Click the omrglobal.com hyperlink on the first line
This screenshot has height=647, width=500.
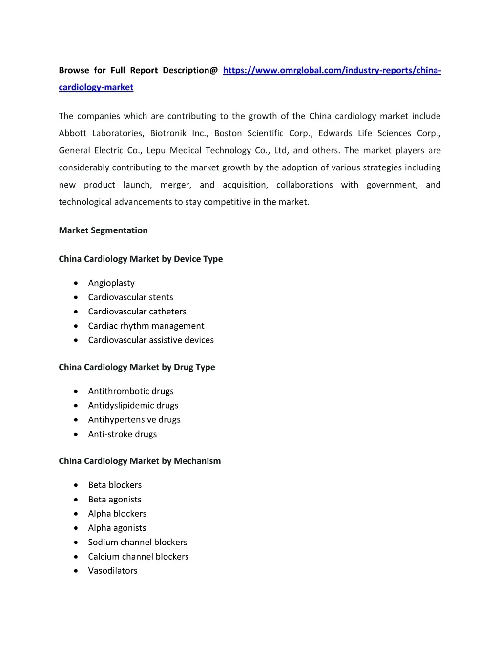coord(332,70)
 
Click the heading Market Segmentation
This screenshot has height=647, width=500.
coord(103,230)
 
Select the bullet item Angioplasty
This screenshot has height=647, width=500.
coord(111,283)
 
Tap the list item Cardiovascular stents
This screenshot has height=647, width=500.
coord(130,297)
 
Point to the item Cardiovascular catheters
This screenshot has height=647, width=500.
coord(137,312)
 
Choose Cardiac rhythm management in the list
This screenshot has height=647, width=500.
coord(146,326)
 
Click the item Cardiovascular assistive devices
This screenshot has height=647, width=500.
coord(151,340)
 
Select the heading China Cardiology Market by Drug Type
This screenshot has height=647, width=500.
coord(137,367)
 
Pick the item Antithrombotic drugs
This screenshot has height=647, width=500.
coord(131,391)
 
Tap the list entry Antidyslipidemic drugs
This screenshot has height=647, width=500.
coord(133,405)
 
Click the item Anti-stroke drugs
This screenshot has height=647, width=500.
coord(123,434)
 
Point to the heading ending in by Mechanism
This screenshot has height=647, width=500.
coord(140,461)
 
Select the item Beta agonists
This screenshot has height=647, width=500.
coord(115,500)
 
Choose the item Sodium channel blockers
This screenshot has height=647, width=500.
coord(138,542)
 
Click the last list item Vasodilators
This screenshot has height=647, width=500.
coord(113,571)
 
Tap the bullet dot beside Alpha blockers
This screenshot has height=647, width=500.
coord(76,514)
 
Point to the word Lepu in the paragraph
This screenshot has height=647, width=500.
coord(156,150)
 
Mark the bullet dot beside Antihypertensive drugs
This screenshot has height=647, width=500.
coord(76,420)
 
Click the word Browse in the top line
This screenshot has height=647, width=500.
coord(74,70)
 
